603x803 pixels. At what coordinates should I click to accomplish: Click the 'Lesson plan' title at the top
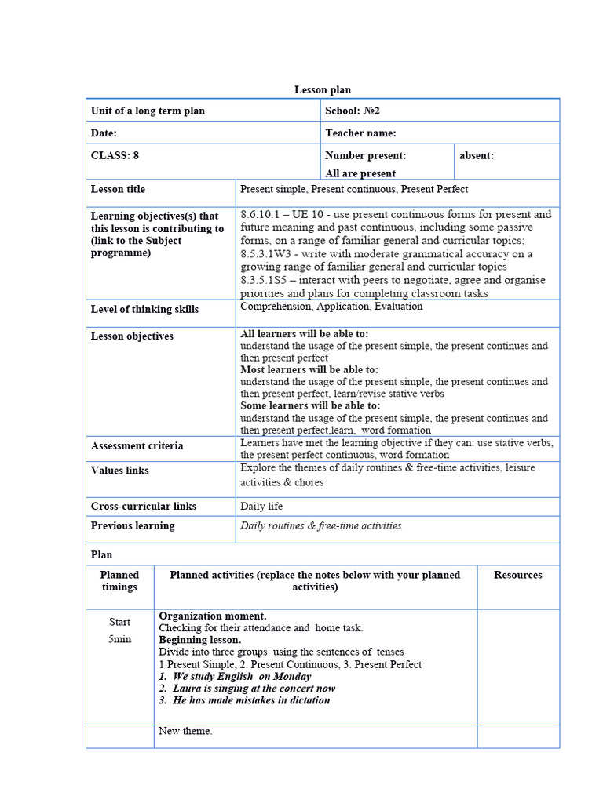(x=323, y=90)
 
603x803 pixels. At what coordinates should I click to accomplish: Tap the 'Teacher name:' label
(x=360, y=133)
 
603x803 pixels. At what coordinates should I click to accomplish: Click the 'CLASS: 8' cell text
(x=115, y=155)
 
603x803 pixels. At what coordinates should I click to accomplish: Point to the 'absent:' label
(x=477, y=155)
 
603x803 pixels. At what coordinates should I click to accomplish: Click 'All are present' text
(x=360, y=173)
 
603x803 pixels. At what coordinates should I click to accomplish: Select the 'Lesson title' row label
(x=118, y=189)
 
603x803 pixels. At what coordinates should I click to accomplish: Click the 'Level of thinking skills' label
(x=144, y=309)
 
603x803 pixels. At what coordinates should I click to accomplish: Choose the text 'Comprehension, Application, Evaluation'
(x=331, y=307)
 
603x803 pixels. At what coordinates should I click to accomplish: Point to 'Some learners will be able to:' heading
(x=309, y=405)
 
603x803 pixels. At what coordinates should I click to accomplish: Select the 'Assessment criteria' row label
(x=137, y=445)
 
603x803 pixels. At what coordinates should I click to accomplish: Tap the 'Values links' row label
(x=119, y=470)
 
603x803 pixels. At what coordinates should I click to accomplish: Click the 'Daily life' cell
(x=261, y=507)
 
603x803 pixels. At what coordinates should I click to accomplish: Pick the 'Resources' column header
(x=517, y=575)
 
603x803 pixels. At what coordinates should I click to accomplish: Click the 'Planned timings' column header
(x=119, y=580)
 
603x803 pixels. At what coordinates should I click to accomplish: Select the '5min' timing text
(x=119, y=639)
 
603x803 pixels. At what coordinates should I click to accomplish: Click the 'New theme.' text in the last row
(x=185, y=731)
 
